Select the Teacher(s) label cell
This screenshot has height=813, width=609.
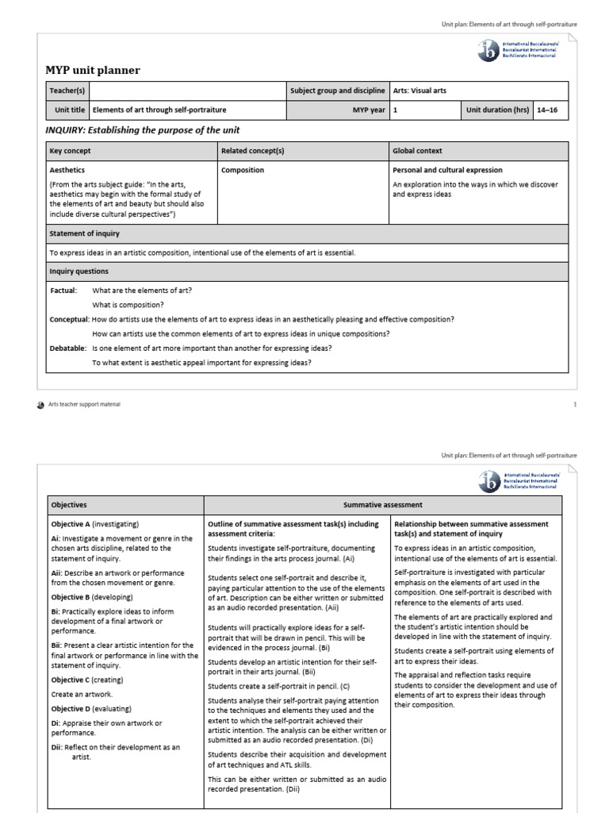pos(67,91)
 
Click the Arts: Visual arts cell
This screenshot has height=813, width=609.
pos(419,91)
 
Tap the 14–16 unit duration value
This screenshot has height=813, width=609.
pos(547,110)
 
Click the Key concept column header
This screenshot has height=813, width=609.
pos(71,151)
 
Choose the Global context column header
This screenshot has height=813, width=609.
pos(417,151)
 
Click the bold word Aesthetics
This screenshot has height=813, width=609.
pos(67,170)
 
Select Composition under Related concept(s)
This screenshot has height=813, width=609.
pos(243,170)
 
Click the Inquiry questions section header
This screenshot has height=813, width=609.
pos(79,272)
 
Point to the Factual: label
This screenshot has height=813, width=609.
pos(63,291)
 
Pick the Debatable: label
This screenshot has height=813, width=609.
pos(67,348)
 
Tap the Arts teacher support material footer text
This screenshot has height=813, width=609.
pos(84,404)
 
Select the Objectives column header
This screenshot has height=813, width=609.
pos(69,505)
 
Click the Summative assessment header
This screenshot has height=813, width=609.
pos(382,505)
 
